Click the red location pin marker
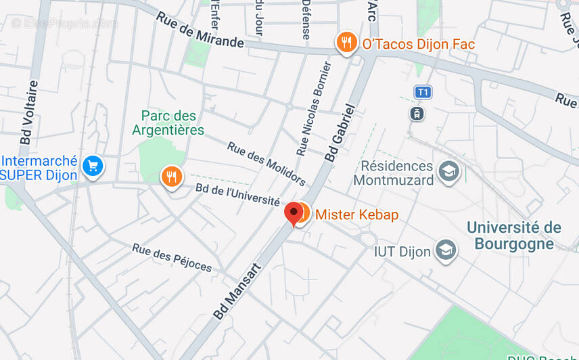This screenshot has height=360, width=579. point(293,212)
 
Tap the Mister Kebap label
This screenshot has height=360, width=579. point(356,215)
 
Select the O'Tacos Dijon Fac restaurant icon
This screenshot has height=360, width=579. point(346,43)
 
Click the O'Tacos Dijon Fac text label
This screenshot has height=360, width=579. point(418,44)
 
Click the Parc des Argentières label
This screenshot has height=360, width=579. point(168,123)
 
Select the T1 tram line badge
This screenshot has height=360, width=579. point(423,92)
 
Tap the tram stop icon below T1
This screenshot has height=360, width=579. point(417,113)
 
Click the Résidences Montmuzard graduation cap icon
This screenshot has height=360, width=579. point(448,171)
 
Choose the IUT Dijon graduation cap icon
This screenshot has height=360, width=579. point(446,250)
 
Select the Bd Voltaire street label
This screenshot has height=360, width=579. point(30,112)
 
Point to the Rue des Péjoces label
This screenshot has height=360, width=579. point(172,257)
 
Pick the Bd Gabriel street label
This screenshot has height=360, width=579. point(340,132)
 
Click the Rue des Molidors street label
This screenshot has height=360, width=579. point(266,164)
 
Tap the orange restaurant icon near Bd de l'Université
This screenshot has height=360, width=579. point(172,177)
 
